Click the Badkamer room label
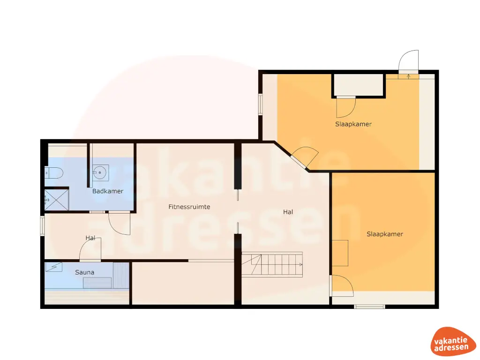tap(108, 191)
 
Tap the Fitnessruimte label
tap(189, 207)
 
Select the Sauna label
tap(85, 272)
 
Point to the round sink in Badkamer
tap(100, 172)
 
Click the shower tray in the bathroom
tap(57, 199)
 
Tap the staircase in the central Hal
tap(272, 265)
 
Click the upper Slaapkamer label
tap(353, 124)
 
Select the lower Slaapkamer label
tap(385, 234)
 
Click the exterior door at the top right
tap(408, 63)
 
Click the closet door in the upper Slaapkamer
tap(346, 107)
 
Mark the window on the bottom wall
tap(369, 307)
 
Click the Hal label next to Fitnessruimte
tap(288, 212)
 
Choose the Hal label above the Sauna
tap(90, 238)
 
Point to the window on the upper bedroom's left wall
tap(260, 104)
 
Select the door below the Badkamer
tap(120, 223)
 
